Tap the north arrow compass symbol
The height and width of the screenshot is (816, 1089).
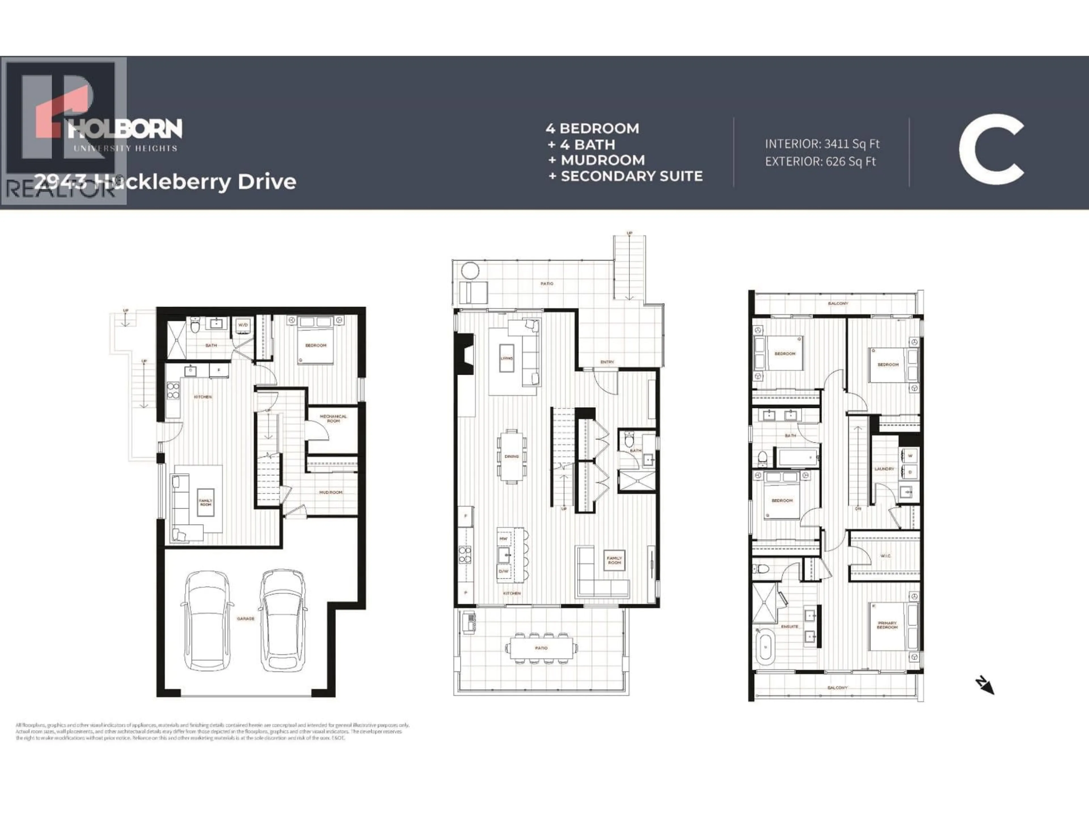pyautogui.click(x=985, y=686)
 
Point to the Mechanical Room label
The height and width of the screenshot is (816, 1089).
pyautogui.click(x=333, y=418)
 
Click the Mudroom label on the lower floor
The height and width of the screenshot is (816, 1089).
pyautogui.click(x=331, y=492)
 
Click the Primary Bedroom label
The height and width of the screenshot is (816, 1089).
pyautogui.click(x=887, y=625)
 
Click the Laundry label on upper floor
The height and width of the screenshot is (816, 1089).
pyautogui.click(x=884, y=469)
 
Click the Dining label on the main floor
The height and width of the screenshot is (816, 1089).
pyautogui.click(x=512, y=456)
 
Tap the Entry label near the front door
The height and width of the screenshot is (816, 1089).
pyautogui.click(x=607, y=362)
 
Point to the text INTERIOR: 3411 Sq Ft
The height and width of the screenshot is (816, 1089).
pyautogui.click(x=822, y=144)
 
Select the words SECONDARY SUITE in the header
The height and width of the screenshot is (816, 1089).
pyautogui.click(x=632, y=176)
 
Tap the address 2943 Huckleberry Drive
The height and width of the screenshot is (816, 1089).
pyautogui.click(x=165, y=182)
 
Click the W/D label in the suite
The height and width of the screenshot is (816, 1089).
pyautogui.click(x=243, y=325)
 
